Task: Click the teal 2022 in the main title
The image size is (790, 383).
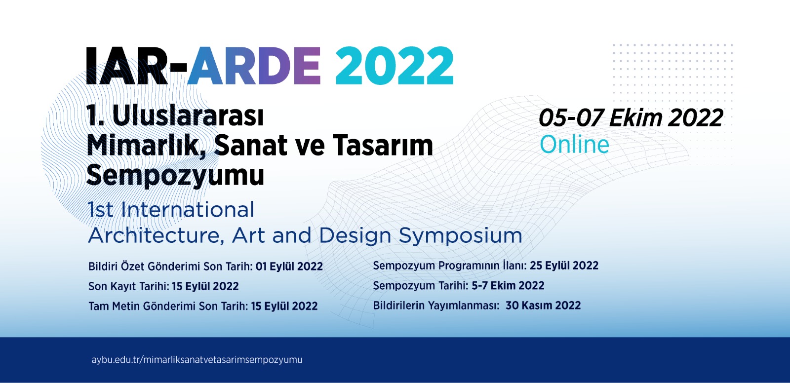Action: coord(394,66)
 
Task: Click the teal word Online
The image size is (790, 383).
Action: coord(574,145)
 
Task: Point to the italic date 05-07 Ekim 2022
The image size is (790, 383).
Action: coord(631,118)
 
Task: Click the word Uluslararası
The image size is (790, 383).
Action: coord(188,116)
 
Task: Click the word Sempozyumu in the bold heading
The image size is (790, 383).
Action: coord(175,175)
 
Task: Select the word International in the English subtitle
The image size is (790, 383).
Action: coord(188,210)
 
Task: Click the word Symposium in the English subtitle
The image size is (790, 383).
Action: coord(460,236)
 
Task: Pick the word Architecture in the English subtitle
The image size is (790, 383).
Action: coord(154,236)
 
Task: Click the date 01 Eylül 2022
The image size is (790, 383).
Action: coord(289,267)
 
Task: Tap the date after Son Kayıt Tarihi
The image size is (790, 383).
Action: coord(205,286)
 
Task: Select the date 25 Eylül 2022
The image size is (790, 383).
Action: coord(564,266)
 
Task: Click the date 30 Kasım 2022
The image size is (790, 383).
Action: coord(543,306)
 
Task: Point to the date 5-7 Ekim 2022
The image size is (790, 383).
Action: coord(508,285)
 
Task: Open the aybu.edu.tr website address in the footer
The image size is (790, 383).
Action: coord(197,360)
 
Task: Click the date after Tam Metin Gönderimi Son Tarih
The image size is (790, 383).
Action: coord(284,306)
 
